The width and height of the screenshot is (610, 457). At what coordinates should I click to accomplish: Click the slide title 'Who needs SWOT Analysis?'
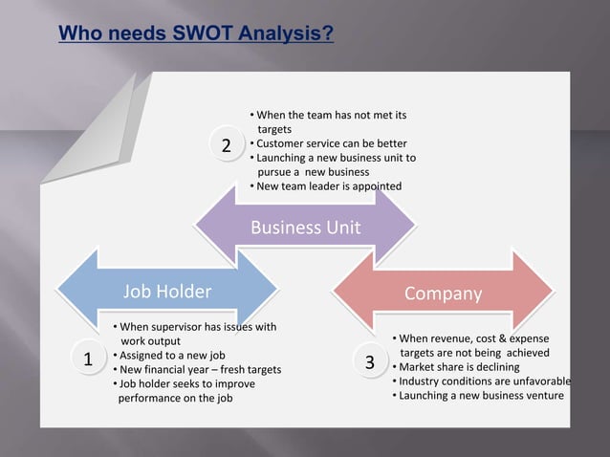coord(196,35)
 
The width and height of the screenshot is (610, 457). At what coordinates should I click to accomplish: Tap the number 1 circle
coord(87,360)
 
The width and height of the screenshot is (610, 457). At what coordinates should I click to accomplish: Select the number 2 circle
coord(226,146)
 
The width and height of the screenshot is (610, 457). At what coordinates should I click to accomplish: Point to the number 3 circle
coord(370,363)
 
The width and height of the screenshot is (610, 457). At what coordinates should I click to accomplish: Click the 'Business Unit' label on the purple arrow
coord(305,228)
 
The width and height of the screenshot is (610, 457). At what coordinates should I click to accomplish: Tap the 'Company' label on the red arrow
coord(443,294)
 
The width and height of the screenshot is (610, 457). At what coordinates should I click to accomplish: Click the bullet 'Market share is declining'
coord(458,367)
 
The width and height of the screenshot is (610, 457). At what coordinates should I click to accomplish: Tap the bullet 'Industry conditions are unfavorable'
coord(484,381)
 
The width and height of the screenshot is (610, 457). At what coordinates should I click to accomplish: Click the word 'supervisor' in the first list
coord(173,327)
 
